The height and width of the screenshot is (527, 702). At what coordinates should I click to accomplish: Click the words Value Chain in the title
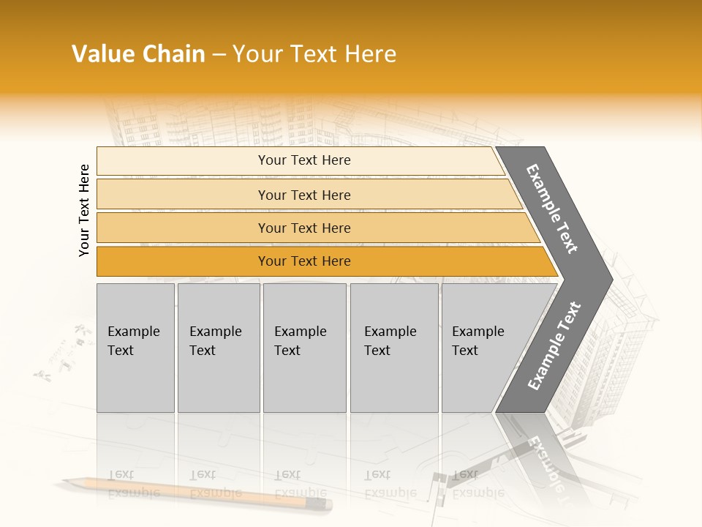tap(138, 54)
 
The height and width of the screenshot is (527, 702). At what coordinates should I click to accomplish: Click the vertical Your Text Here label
tap(84, 210)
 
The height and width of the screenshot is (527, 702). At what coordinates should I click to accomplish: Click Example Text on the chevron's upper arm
tap(552, 209)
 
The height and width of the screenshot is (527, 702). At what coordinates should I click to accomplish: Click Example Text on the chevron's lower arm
tap(554, 346)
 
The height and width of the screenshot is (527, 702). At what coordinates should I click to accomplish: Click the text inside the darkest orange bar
tap(304, 261)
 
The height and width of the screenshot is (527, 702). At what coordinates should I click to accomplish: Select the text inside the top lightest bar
tap(304, 160)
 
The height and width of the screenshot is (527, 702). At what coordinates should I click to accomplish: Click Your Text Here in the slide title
tap(314, 54)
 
